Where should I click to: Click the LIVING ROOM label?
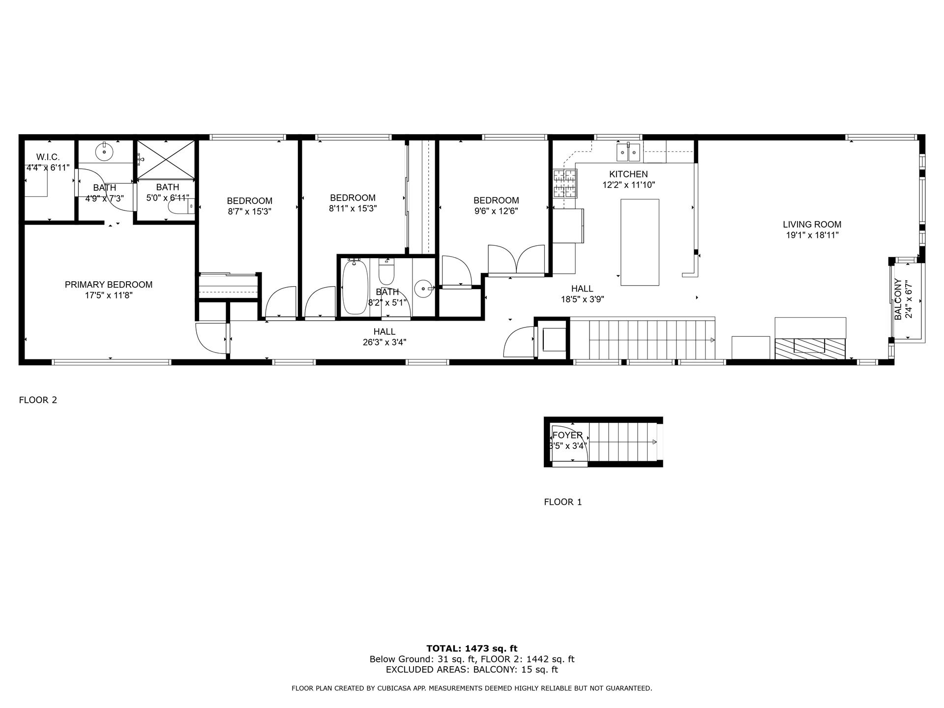pyautogui.click(x=812, y=225)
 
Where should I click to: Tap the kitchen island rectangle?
pyautogui.click(x=640, y=242)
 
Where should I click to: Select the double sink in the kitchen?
pyautogui.click(x=628, y=152)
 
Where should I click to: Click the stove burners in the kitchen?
pyautogui.click(x=565, y=183)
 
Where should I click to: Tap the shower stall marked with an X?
pyautogui.click(x=165, y=159)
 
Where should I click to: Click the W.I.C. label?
pyautogui.click(x=48, y=157)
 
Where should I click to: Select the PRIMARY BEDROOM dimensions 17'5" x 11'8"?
pyautogui.click(x=109, y=295)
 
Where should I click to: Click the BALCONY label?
pyautogui.click(x=898, y=299)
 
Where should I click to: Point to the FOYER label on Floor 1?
pyautogui.click(x=567, y=436)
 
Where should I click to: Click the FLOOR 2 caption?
pyautogui.click(x=38, y=400)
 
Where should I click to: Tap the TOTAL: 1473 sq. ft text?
pyautogui.click(x=472, y=649)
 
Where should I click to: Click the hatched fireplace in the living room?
pyautogui.click(x=810, y=349)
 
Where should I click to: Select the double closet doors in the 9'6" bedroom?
pyautogui.click(x=516, y=259)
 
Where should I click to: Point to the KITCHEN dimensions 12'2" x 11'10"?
pyautogui.click(x=628, y=185)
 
